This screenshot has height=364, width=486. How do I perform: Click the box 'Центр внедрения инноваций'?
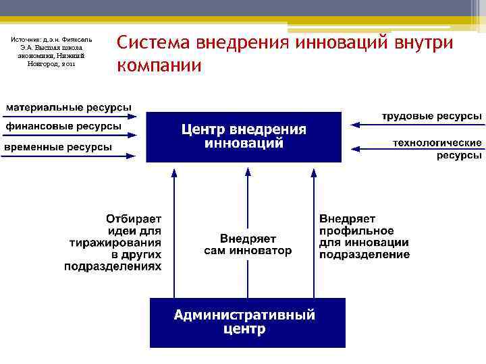tap(244, 137)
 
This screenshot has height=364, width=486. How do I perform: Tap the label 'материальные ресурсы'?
tap(69, 107)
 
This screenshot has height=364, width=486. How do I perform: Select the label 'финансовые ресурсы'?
tap(64, 126)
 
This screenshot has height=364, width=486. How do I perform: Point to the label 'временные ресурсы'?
tap(59, 147)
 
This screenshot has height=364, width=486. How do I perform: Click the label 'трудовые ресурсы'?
tap(432, 116)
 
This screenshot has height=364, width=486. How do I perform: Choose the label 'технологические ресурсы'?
tap(437, 149)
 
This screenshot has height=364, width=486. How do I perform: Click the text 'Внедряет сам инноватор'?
tap(248, 245)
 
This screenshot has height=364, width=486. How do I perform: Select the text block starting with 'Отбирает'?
tap(114, 243)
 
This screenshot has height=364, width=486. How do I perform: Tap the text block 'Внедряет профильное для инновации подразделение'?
tap(364, 237)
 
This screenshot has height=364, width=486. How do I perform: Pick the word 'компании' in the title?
tap(159, 66)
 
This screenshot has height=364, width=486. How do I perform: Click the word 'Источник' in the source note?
tap(26, 40)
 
